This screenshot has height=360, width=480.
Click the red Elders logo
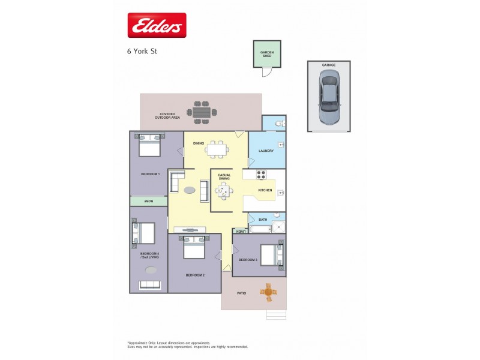pyautogui.click(x=157, y=25)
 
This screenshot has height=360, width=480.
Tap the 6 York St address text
pyautogui.click(x=142, y=51)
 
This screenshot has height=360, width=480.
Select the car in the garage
pyautogui.click(x=329, y=97)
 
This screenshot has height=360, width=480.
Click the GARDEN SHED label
pyautogui.click(x=267, y=53)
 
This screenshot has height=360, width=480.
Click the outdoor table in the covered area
pyautogui.click(x=202, y=112)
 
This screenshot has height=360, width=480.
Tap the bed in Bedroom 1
pyautogui.click(x=150, y=146)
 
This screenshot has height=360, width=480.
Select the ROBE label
pyautogui.click(x=148, y=202)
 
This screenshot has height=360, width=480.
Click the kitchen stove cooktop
pyautogui.click(x=262, y=175)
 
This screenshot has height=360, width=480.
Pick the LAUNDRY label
pyautogui.click(x=266, y=151)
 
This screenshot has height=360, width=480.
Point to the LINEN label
pyautogui.click(x=240, y=231)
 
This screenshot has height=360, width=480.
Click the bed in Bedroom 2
pyautogui.click(x=194, y=248)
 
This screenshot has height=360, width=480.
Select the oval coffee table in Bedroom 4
pyautogui.click(x=151, y=269)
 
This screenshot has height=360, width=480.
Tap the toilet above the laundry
pyautogui.click(x=277, y=124)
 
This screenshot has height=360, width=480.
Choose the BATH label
pyautogui.click(x=263, y=220)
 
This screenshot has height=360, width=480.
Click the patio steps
pyautogui.click(x=276, y=314)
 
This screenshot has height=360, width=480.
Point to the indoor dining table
pyautogui.click(x=217, y=149)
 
